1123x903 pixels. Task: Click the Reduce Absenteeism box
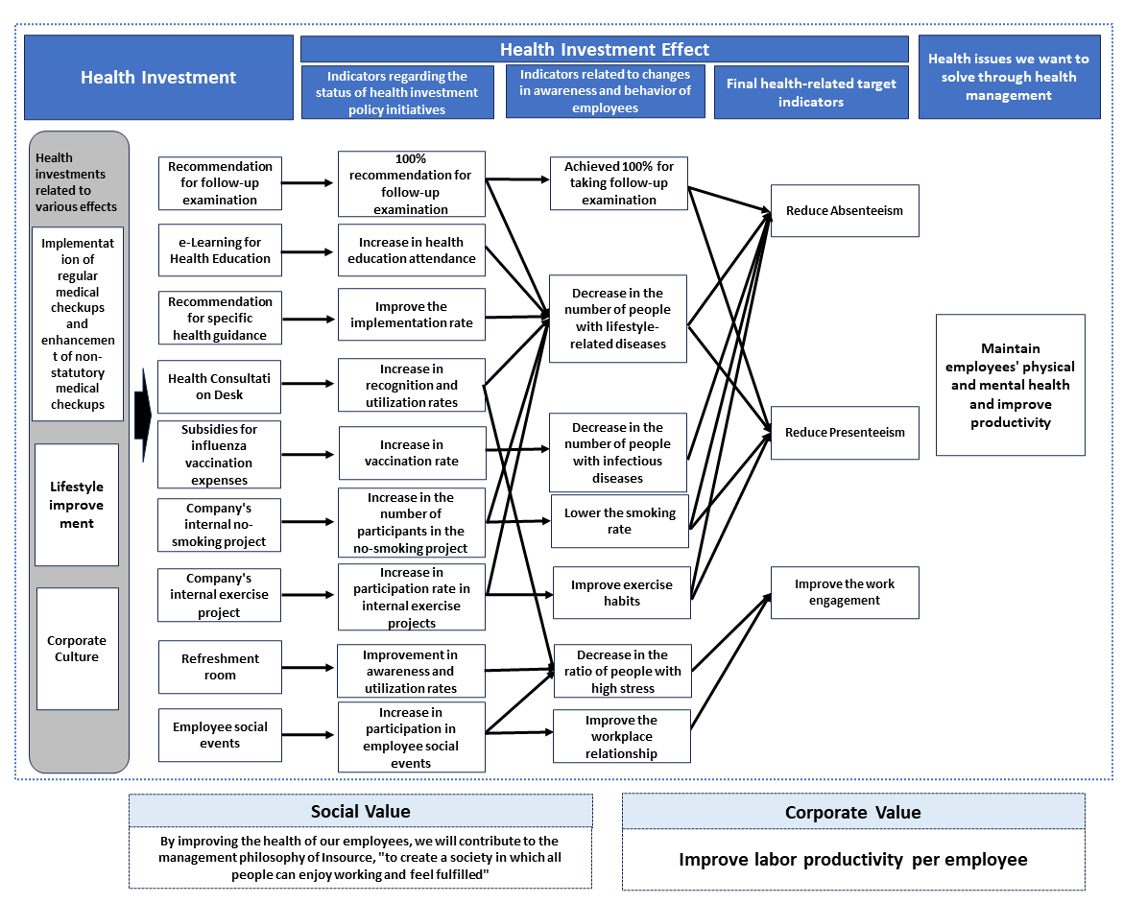845,210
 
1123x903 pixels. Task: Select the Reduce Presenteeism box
845,433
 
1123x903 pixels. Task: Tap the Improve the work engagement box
845,592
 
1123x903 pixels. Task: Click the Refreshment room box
220,667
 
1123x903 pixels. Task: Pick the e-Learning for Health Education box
220,250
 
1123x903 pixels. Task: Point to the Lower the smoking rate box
619,521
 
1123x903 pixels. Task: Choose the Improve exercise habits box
622,593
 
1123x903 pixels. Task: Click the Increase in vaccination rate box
412,453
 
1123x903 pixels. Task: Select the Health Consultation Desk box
219,387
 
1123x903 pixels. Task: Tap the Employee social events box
220,735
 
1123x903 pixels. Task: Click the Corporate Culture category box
78,649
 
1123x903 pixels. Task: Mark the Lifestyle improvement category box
77,505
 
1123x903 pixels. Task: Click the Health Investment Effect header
605,49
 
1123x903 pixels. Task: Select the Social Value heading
360,811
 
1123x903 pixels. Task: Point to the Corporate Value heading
853,812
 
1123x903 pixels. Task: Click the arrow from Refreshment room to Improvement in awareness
308,667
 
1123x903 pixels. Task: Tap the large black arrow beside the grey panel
143,415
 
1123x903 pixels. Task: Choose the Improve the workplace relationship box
622,736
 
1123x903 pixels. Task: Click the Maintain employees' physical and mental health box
1011,385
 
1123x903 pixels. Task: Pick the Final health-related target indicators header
811,92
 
